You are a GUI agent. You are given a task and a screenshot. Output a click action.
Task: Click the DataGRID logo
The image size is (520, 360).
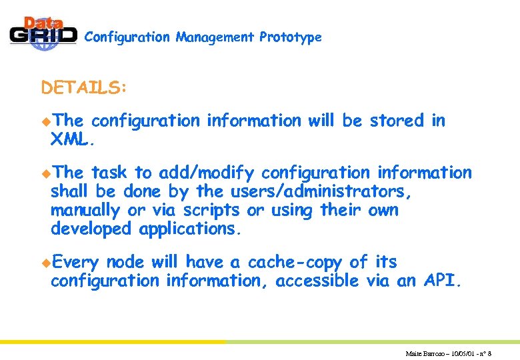point(43,32)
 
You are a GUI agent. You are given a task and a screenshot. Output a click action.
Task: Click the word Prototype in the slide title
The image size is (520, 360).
point(291,37)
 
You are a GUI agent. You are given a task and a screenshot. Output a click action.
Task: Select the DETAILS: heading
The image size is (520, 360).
point(84,88)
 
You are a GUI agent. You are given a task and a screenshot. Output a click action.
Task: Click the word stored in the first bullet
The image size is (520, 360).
point(397,121)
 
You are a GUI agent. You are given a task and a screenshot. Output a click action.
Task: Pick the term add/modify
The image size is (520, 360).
point(207,173)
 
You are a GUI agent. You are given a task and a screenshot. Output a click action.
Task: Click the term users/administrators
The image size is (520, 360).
point(321,192)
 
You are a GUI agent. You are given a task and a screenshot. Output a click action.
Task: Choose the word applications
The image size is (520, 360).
point(188,229)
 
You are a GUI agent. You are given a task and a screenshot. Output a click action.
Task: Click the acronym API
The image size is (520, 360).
point(441,281)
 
